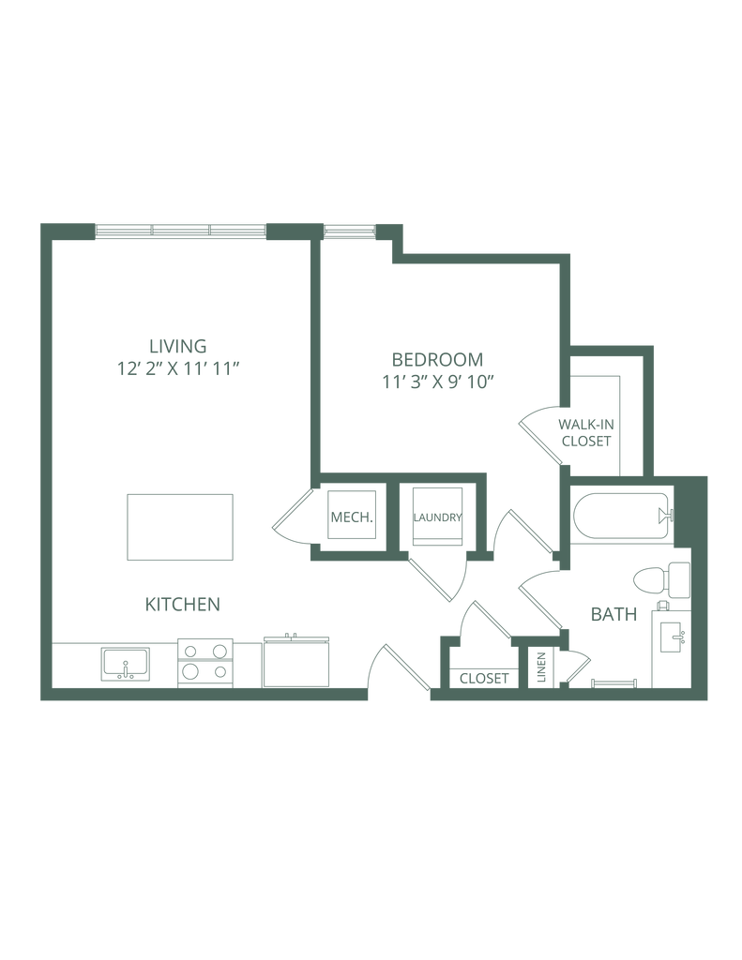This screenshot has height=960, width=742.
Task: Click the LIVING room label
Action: click(177, 346)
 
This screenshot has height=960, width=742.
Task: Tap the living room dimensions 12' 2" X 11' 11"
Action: click(177, 369)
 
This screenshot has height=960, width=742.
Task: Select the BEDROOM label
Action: click(437, 359)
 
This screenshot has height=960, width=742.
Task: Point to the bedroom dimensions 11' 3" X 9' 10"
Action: click(437, 382)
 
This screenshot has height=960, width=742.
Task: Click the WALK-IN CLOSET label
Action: click(586, 432)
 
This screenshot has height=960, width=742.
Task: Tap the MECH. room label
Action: click(352, 517)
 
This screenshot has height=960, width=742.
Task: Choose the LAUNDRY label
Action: click(437, 517)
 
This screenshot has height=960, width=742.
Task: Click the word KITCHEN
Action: click(183, 605)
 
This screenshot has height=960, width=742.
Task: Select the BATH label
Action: click(613, 614)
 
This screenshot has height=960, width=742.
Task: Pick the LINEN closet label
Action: click(541, 667)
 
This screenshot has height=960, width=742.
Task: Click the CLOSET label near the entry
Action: click(484, 679)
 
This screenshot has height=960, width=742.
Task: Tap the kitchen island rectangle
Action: click(180, 527)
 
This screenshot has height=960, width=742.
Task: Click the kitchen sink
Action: click(126, 665)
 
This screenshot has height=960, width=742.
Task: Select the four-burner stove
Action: click(205, 663)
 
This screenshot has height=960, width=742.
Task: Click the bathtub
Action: click(623, 517)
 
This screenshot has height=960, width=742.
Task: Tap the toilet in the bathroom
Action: click(661, 579)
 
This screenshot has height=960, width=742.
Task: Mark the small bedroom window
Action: click(349, 231)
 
